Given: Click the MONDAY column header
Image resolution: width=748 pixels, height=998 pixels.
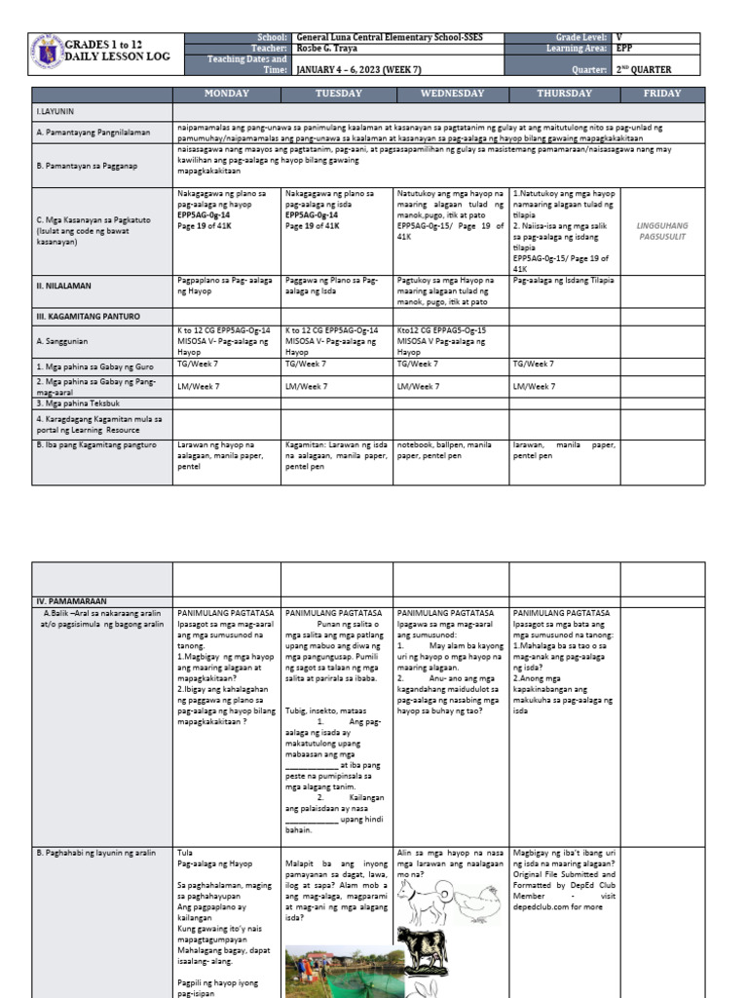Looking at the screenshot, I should (226, 94).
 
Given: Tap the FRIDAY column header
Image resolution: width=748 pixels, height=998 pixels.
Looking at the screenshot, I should (662, 94).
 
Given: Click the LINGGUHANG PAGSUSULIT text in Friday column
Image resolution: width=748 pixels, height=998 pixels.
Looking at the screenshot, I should (662, 230).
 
